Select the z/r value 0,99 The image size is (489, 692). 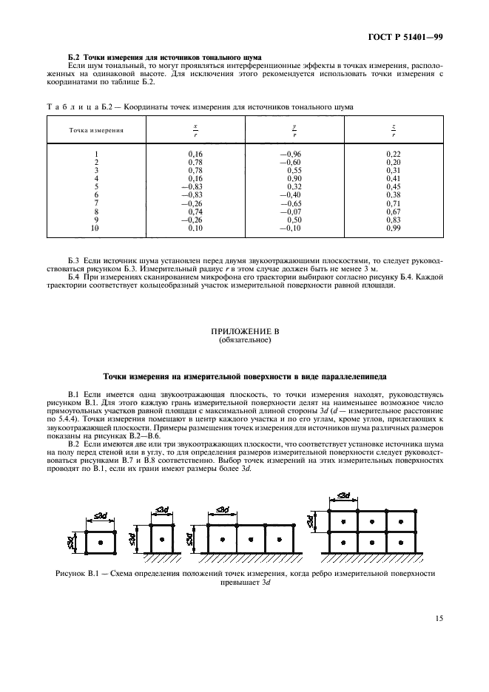[393, 228]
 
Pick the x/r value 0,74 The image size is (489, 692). [197, 211]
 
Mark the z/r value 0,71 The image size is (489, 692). [393, 203]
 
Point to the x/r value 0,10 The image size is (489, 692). [197, 228]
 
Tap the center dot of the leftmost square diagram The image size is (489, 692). [101, 543]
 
